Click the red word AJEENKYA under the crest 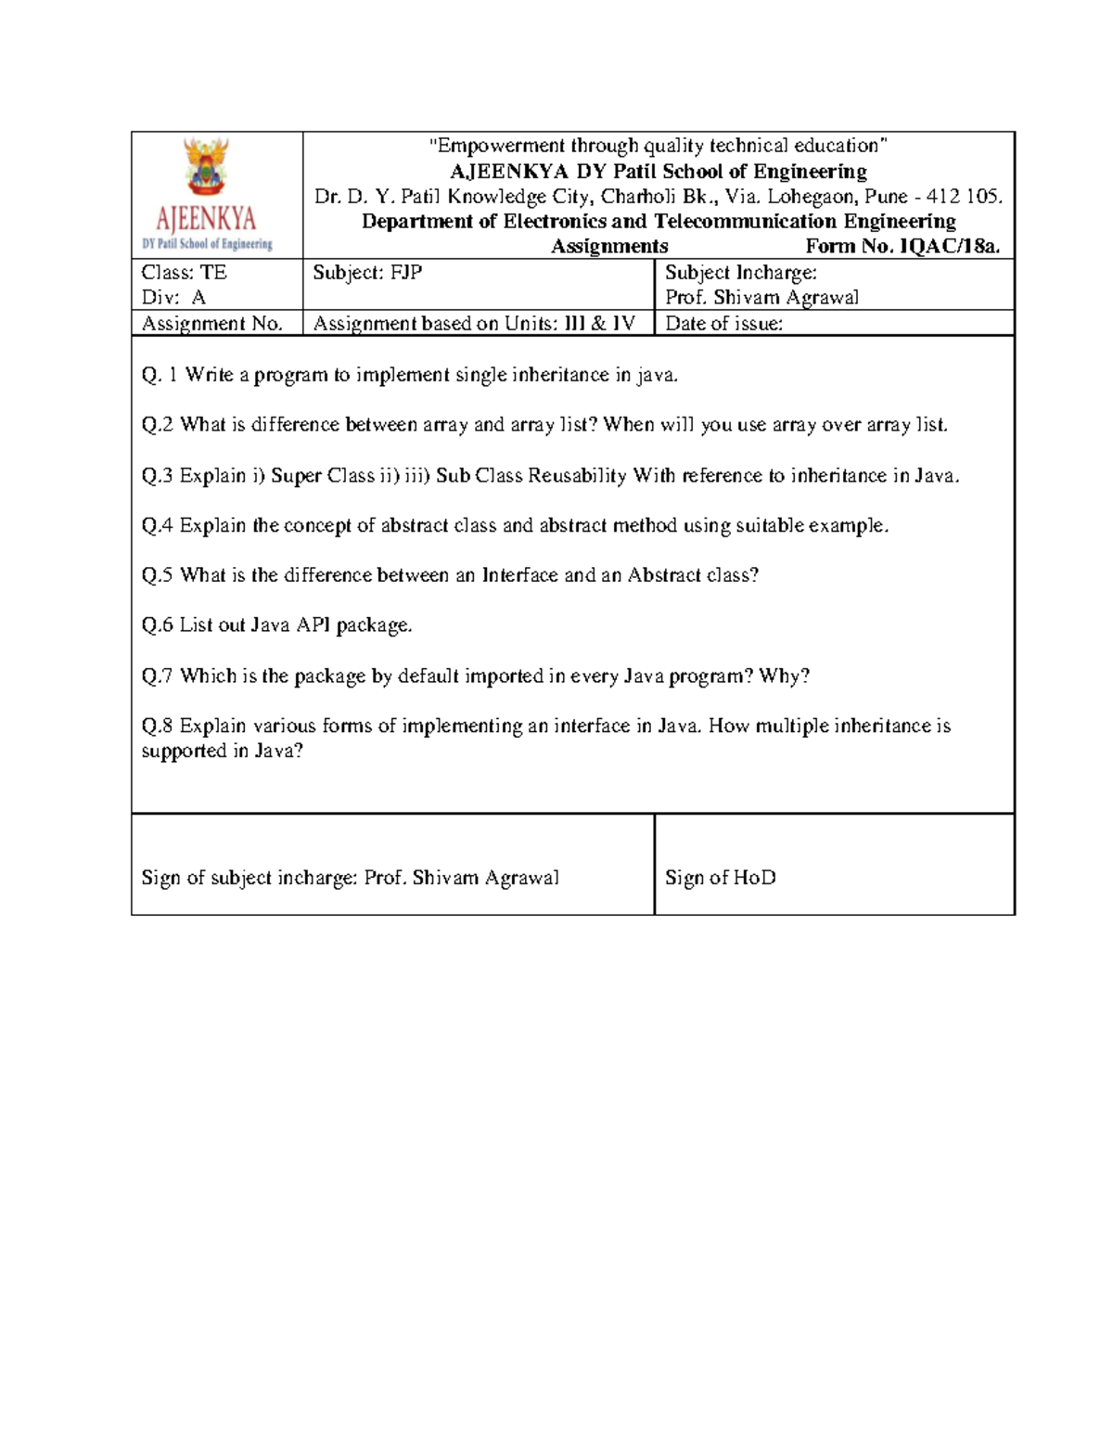(x=206, y=219)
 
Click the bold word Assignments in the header (x=609, y=247)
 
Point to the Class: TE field (x=184, y=273)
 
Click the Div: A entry (x=173, y=298)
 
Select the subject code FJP (x=405, y=273)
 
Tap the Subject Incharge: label (x=740, y=273)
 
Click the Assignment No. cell (x=211, y=324)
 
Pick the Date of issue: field (x=723, y=324)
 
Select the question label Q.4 (x=158, y=525)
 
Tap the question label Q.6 (x=158, y=625)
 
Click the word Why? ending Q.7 (x=784, y=676)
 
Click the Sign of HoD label (x=720, y=878)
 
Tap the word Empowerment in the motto (x=495, y=146)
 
